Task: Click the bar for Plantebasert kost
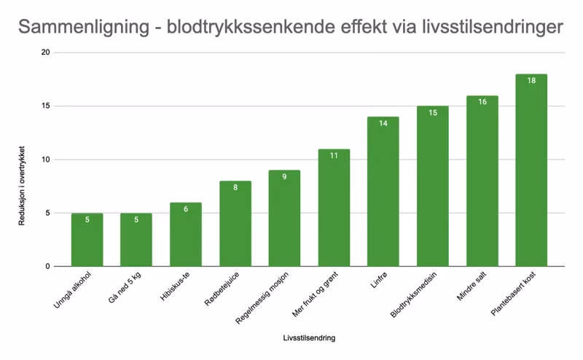coord(531,171)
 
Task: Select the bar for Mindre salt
coord(482,181)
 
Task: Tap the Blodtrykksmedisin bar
coord(432,187)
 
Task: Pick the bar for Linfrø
coord(383,192)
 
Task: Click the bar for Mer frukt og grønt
coord(334,208)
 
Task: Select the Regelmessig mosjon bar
coord(284,219)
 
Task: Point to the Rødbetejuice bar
coord(235,224)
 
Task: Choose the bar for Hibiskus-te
coord(186,235)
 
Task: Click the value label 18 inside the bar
coord(531,80)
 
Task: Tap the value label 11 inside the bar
coord(334,155)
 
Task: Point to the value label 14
coord(383,123)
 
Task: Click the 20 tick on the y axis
coord(45,53)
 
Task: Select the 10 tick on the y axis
coord(45,160)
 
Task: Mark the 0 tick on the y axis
coord(47,267)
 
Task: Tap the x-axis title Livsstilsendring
coord(309,338)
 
